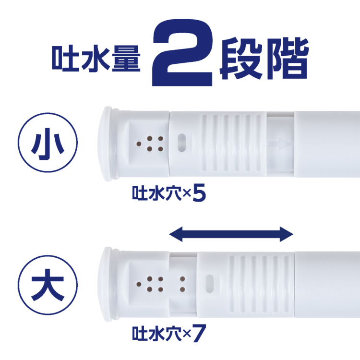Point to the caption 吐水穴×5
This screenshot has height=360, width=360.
(x=168, y=195)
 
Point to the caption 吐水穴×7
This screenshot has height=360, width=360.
(x=168, y=333)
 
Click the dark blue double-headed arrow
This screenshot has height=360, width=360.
(x=232, y=235)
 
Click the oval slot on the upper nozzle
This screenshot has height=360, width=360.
(x=182, y=143)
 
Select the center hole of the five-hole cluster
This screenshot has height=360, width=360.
(x=149, y=144)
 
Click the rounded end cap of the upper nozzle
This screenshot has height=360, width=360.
(x=106, y=143)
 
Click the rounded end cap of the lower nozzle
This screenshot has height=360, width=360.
(x=106, y=283)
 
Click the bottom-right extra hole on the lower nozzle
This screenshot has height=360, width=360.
(x=182, y=289)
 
